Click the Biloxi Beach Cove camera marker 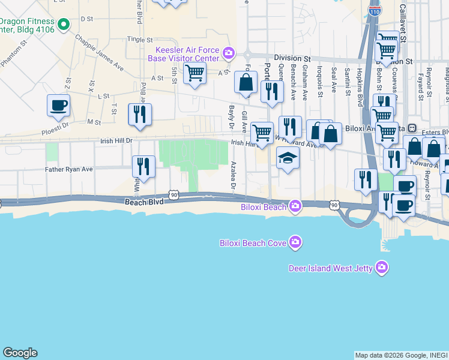(x=295, y=242)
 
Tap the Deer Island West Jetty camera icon (x=381, y=268)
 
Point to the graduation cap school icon (x=288, y=158)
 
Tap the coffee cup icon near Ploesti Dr (x=59, y=106)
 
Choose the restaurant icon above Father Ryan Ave (x=143, y=166)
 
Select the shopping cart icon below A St (x=194, y=74)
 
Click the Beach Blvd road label (x=144, y=202)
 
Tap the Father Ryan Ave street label (x=69, y=170)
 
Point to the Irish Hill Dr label (x=113, y=140)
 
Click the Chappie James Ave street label (x=99, y=53)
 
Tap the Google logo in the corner (x=20, y=353)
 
